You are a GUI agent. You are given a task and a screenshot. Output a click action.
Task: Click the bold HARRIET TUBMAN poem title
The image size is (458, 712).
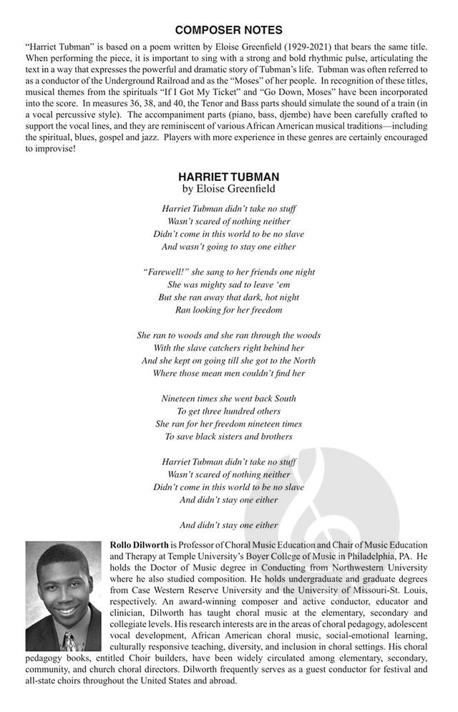pos(228,177)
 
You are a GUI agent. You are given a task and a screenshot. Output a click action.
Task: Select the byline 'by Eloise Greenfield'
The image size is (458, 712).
pos(228,190)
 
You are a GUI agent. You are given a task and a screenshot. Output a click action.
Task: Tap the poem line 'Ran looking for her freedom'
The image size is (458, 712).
pos(228,310)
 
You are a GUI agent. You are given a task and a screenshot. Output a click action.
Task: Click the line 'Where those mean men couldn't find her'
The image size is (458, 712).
pos(228,373)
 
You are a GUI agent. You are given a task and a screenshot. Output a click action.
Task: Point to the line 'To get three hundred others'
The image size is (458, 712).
pos(228,411)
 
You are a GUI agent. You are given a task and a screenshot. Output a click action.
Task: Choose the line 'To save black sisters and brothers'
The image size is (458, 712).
pos(228,436)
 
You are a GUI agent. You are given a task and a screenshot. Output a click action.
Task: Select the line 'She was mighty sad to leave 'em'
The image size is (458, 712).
pos(228,285)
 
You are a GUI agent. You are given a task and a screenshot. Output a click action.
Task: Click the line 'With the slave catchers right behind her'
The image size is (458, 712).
pos(228,348)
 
